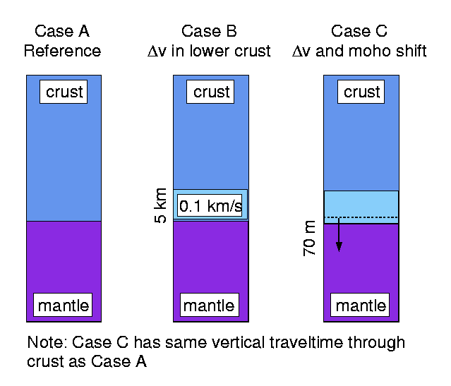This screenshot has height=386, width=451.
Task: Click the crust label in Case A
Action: click(64, 92)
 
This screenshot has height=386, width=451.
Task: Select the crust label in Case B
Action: click(211, 92)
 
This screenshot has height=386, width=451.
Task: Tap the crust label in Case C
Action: click(361, 92)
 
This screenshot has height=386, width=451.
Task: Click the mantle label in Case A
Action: click(64, 306)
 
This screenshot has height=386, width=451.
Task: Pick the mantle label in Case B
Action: click(210, 306)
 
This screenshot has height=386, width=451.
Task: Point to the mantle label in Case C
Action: click(361, 306)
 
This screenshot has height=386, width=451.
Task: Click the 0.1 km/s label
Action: click(210, 207)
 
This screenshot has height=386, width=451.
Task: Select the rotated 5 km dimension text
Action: click(160, 204)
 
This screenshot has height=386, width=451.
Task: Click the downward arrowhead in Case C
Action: click(339, 246)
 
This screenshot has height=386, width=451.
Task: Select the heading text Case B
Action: click(210, 32)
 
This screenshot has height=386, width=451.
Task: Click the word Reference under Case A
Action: click(62, 52)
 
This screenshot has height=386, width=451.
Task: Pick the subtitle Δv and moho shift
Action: click(359, 52)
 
